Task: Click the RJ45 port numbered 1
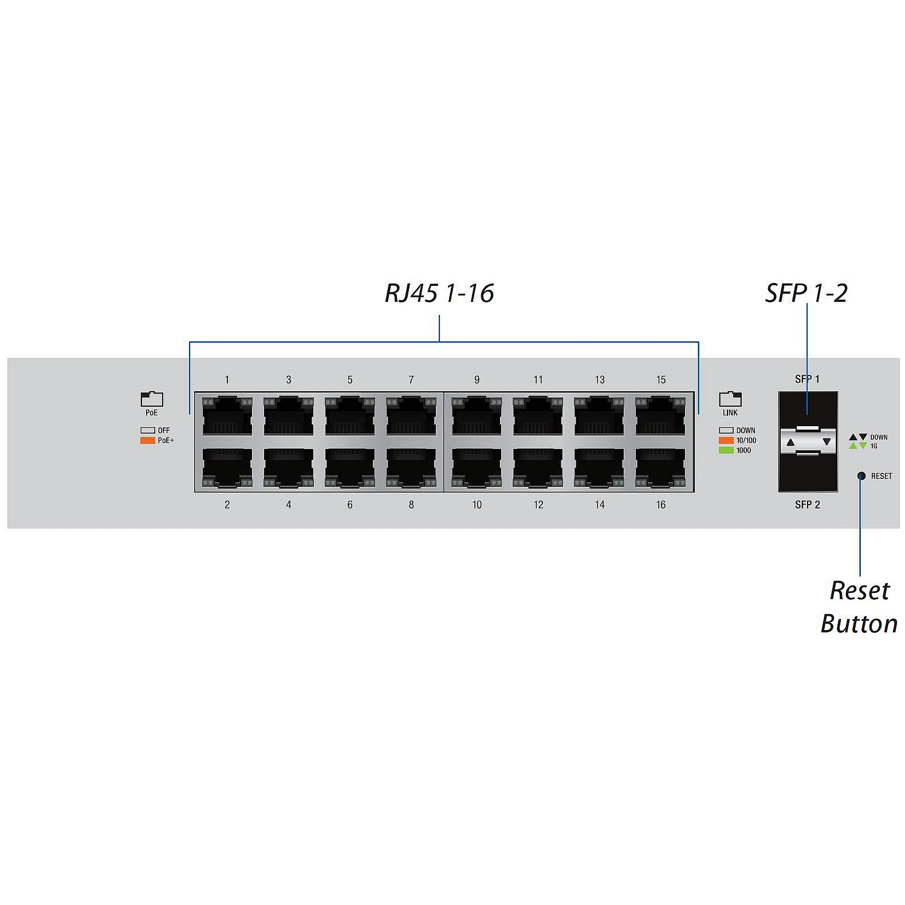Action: pyautogui.click(x=227, y=416)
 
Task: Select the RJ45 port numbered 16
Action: pyautogui.click(x=660, y=468)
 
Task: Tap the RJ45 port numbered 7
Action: pyautogui.click(x=411, y=416)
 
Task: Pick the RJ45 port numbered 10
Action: pyautogui.click(x=477, y=468)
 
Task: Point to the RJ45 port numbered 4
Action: pyautogui.click(x=289, y=468)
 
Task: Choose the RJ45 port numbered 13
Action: pyautogui.click(x=599, y=416)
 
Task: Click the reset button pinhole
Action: pyautogui.click(x=860, y=476)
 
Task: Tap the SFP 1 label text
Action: pyautogui.click(x=807, y=379)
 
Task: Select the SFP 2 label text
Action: pyautogui.click(x=807, y=505)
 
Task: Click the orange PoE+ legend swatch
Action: pyautogui.click(x=148, y=440)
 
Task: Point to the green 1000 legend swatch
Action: pyautogui.click(x=726, y=450)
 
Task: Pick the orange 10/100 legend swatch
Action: pyautogui.click(x=726, y=440)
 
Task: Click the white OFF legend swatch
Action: pyautogui.click(x=148, y=430)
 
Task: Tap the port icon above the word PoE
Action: pyautogui.click(x=152, y=399)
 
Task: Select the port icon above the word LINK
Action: pyautogui.click(x=730, y=399)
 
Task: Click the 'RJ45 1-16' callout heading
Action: pyautogui.click(x=439, y=293)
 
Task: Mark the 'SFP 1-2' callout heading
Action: pyautogui.click(x=806, y=293)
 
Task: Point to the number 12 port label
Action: pyautogui.click(x=538, y=505)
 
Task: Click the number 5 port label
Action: pyautogui.click(x=350, y=380)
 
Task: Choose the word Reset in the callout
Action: pyautogui.click(x=859, y=591)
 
